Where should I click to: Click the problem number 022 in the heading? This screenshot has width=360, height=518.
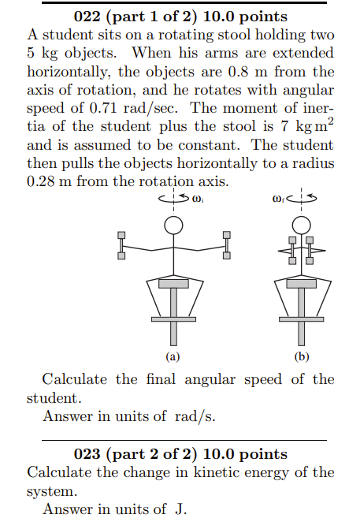[x=88, y=16]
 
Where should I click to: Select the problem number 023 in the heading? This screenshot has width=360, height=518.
[x=89, y=454]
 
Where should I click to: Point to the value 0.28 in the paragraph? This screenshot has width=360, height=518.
[x=42, y=181]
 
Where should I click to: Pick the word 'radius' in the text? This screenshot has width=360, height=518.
[x=313, y=163]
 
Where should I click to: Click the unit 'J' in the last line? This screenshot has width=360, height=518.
[x=180, y=509]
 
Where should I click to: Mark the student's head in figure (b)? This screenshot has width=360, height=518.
[x=300, y=223]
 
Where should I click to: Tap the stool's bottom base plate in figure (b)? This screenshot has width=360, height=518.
[x=300, y=319]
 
